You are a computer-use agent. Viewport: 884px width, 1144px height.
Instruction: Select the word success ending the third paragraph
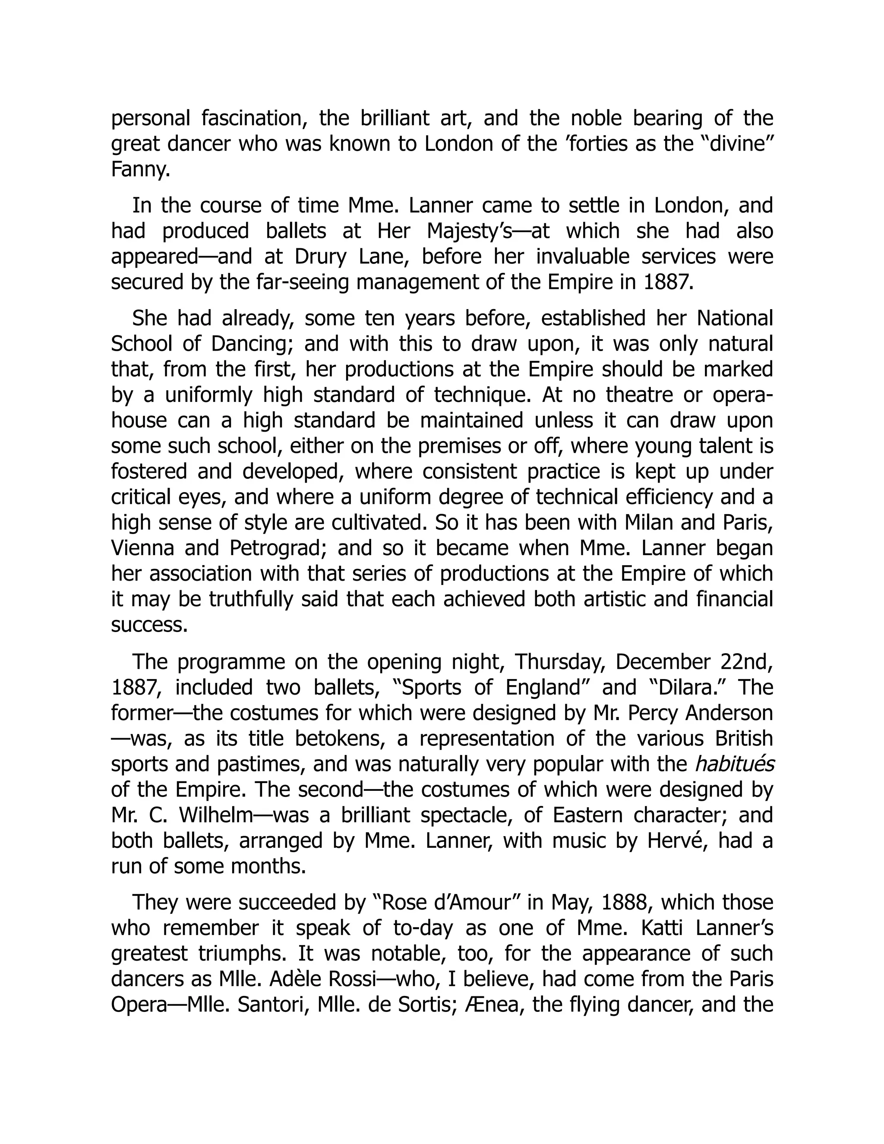[x=149, y=625]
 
